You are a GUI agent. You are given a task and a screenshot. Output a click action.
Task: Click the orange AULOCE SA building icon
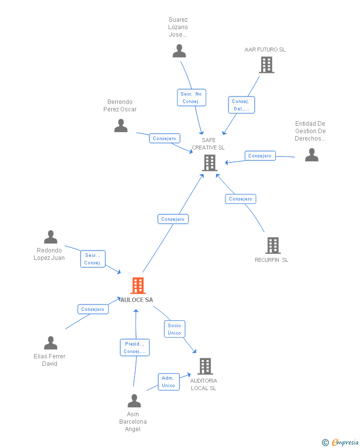coord(138,286)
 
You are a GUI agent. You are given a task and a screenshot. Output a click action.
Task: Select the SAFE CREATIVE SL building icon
coord(210,162)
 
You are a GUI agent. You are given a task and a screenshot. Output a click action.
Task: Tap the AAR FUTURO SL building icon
coord(266,64)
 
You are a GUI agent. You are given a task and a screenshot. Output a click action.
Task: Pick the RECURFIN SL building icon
coord(272,245)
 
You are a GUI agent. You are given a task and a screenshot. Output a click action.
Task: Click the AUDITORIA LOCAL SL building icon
coord(205,366)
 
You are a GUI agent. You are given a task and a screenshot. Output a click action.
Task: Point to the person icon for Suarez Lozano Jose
coord(179,50)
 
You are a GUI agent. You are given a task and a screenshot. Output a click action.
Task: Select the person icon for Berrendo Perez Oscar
coord(121,126)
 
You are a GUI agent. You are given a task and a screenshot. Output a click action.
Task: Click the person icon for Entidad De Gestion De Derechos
coord(312,155)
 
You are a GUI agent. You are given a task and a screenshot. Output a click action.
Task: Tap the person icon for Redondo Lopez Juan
coord(50,237)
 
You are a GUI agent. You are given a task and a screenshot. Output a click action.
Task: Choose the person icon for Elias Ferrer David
coord(50,343)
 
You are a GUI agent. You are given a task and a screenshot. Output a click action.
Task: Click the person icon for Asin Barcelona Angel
coord(134,400)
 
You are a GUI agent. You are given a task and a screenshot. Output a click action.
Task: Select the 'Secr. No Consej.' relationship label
coord(191,98)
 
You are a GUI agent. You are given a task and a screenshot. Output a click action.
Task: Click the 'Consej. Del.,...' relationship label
coord(241,105)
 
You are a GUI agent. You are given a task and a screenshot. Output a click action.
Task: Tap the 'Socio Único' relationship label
coord(175,329)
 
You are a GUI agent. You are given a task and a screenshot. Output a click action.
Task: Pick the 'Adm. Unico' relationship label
coord(168,382)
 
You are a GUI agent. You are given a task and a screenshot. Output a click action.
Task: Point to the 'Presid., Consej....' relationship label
coord(135,348)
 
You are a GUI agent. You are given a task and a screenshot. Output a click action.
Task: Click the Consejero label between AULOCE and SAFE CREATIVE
coord(173,219)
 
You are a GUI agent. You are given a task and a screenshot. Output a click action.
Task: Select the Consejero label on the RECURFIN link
coord(241,199)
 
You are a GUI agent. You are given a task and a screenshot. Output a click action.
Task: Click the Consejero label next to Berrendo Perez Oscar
coord(165,139)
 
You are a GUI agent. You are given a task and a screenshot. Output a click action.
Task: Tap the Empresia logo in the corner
coord(341,442)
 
